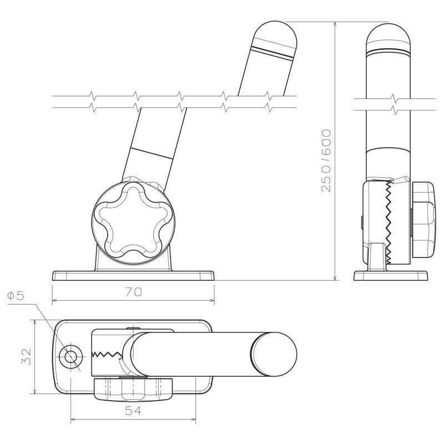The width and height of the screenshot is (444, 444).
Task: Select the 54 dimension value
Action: point(133,411)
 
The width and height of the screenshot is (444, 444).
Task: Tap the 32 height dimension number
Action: point(27,356)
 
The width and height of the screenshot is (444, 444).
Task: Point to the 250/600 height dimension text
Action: point(326,160)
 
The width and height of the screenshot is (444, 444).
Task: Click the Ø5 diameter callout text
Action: point(16,296)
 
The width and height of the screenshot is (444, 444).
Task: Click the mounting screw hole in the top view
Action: point(71,357)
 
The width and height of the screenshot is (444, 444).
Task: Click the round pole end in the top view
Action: point(275,354)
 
